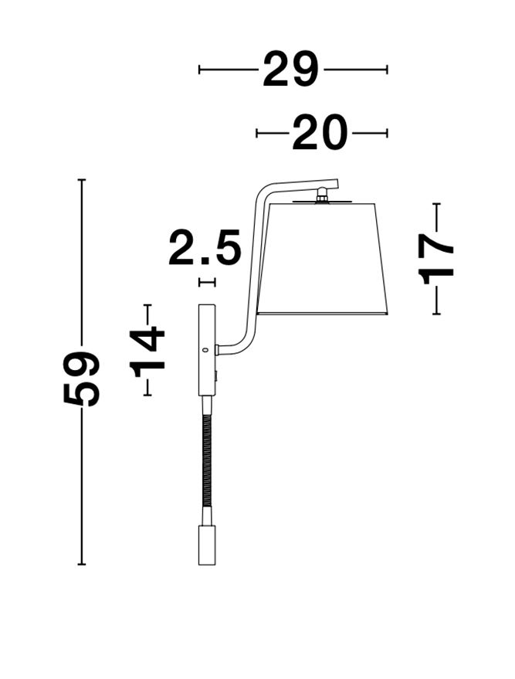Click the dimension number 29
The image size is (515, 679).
[290, 70]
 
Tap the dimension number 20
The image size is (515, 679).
[320, 133]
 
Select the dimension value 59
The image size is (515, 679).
[81, 379]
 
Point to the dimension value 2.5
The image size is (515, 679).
[205, 247]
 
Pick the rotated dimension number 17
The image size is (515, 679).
[435, 259]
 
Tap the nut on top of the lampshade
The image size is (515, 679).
[321, 194]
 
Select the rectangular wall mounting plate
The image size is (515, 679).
[206, 350]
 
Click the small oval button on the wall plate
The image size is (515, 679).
[206, 349]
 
